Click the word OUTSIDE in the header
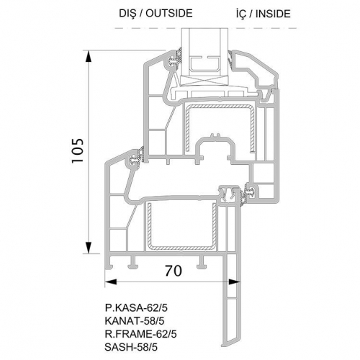169,13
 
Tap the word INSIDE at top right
273,14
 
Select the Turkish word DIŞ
127,13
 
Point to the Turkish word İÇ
240,14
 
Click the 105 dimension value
78,150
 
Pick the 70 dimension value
174,271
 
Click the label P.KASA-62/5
136,307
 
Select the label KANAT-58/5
135,321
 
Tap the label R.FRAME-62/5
140,334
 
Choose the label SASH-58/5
131,347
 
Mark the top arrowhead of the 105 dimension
89,57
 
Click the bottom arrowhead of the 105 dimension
89,247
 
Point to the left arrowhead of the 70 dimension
111,282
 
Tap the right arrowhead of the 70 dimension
234,282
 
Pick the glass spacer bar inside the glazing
204,66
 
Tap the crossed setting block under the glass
204,81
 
